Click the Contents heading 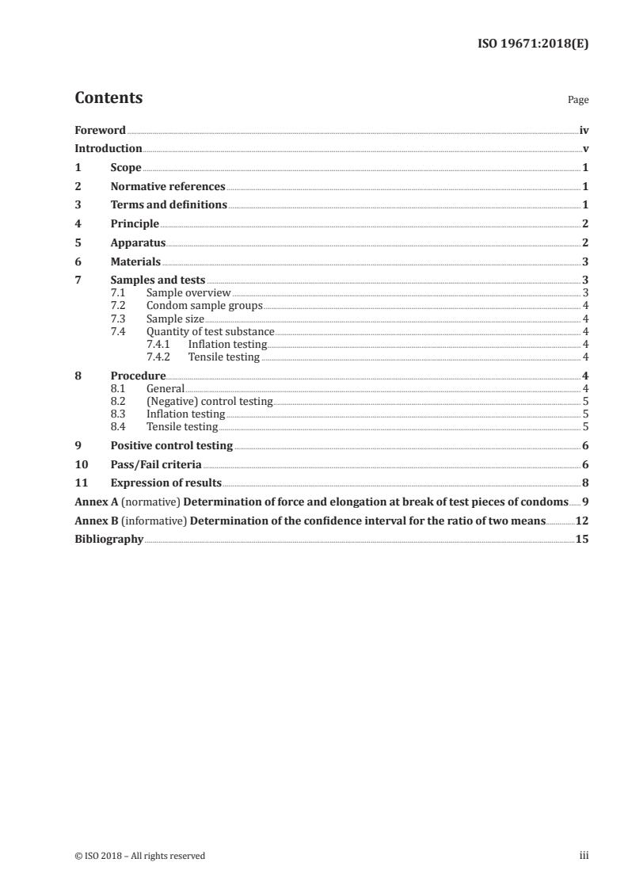click(x=108, y=98)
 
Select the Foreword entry click(x=100, y=130)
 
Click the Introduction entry click(x=108, y=148)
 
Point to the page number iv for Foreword click(x=584, y=130)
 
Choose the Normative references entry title click(x=168, y=187)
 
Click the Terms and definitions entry click(x=169, y=205)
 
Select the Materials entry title click(x=135, y=261)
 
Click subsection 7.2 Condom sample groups click(x=204, y=305)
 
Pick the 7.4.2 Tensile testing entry click(x=224, y=357)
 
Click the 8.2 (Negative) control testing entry click(x=209, y=402)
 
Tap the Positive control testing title click(x=171, y=446)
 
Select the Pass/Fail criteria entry click(x=156, y=464)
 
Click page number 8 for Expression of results click(x=584, y=483)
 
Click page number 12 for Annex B click(x=581, y=521)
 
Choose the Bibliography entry click(x=108, y=539)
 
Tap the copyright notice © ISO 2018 click(x=139, y=856)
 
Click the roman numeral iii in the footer click(x=584, y=856)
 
